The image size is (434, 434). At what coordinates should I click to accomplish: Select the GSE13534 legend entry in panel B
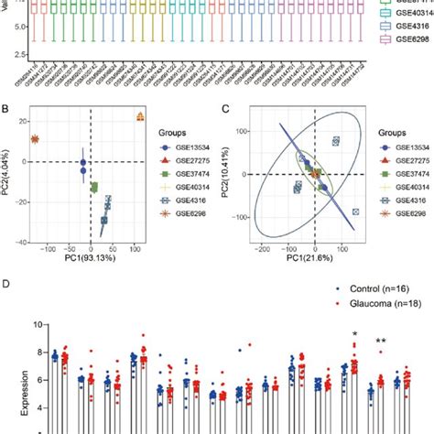tap(182, 146)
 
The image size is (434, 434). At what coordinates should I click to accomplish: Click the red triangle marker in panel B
tap(140, 116)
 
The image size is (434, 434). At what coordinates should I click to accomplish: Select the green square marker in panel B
tap(93, 188)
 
